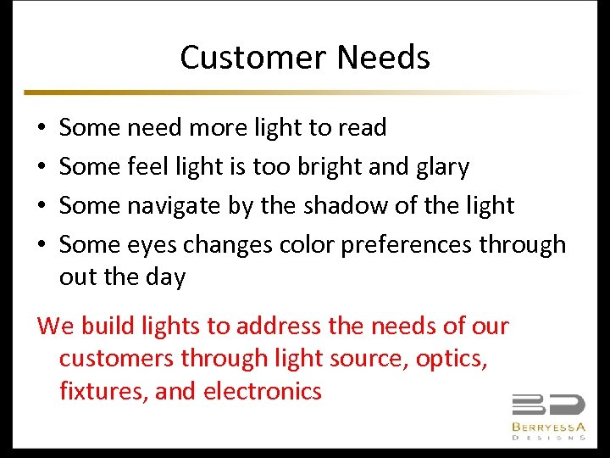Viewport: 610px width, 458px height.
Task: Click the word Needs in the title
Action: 383,58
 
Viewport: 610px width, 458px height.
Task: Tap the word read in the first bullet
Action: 363,127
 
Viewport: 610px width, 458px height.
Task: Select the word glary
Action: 441,167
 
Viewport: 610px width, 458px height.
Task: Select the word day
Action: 165,277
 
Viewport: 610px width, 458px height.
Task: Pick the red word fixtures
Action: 96,391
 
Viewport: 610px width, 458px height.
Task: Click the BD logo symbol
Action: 547,405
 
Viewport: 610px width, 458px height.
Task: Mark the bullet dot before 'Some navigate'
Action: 42,206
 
